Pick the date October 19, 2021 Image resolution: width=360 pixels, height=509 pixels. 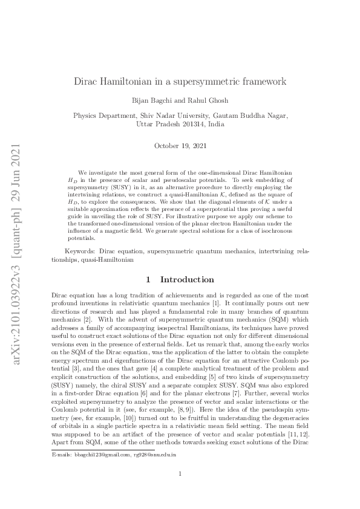point(180,146)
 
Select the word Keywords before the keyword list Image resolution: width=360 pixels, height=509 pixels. point(81,267)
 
